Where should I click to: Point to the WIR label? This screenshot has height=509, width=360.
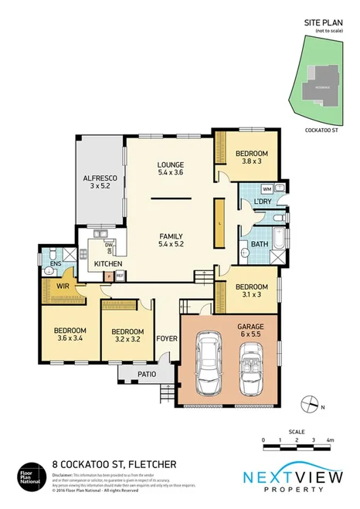click(63, 286)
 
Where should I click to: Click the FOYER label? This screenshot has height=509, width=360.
click(166, 338)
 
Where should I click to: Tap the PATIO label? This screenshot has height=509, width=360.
click(145, 375)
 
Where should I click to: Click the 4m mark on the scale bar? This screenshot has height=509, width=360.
click(330, 439)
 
